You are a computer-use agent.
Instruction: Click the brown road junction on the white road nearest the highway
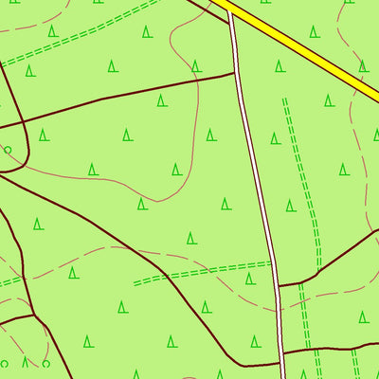(235, 72)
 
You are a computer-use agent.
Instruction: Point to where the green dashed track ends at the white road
(272, 263)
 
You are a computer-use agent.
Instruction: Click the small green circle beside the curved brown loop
(8, 150)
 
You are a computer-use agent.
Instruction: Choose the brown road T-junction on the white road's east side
(279, 285)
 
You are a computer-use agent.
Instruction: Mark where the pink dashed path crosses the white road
(278, 305)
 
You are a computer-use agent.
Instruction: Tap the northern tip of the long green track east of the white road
(284, 99)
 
